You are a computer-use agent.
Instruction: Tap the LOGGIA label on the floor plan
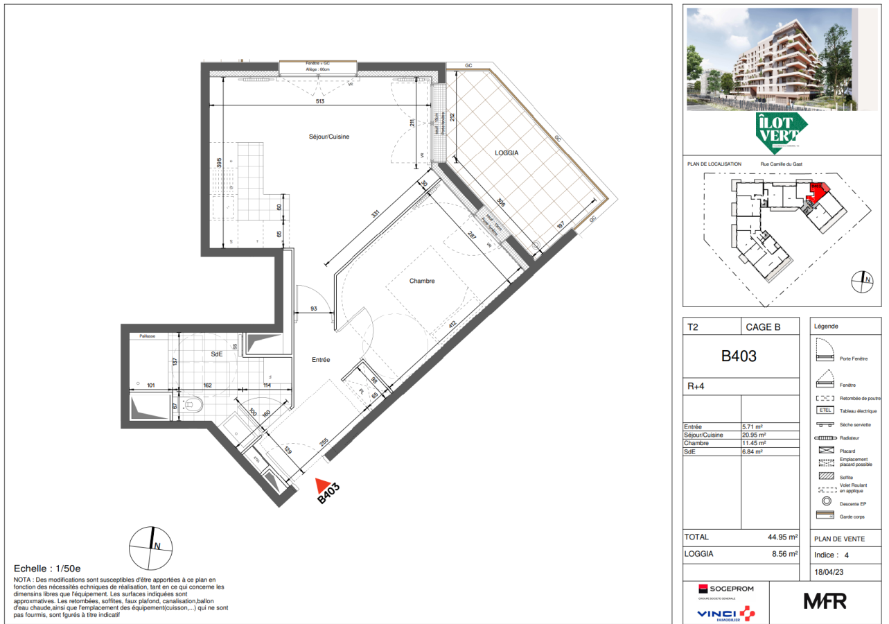coord(507,153)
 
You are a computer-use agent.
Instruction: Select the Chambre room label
coord(422,281)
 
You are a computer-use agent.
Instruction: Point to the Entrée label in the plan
coord(320,360)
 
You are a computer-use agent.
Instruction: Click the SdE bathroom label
coord(217,354)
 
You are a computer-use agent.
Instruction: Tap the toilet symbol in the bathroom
coord(194,404)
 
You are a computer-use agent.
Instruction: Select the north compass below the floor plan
coord(151,546)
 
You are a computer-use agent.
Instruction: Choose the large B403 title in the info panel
coord(739,357)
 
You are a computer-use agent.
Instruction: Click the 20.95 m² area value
coord(753,435)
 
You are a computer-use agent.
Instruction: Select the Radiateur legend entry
coord(849,438)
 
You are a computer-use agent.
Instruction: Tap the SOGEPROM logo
coord(725,589)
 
